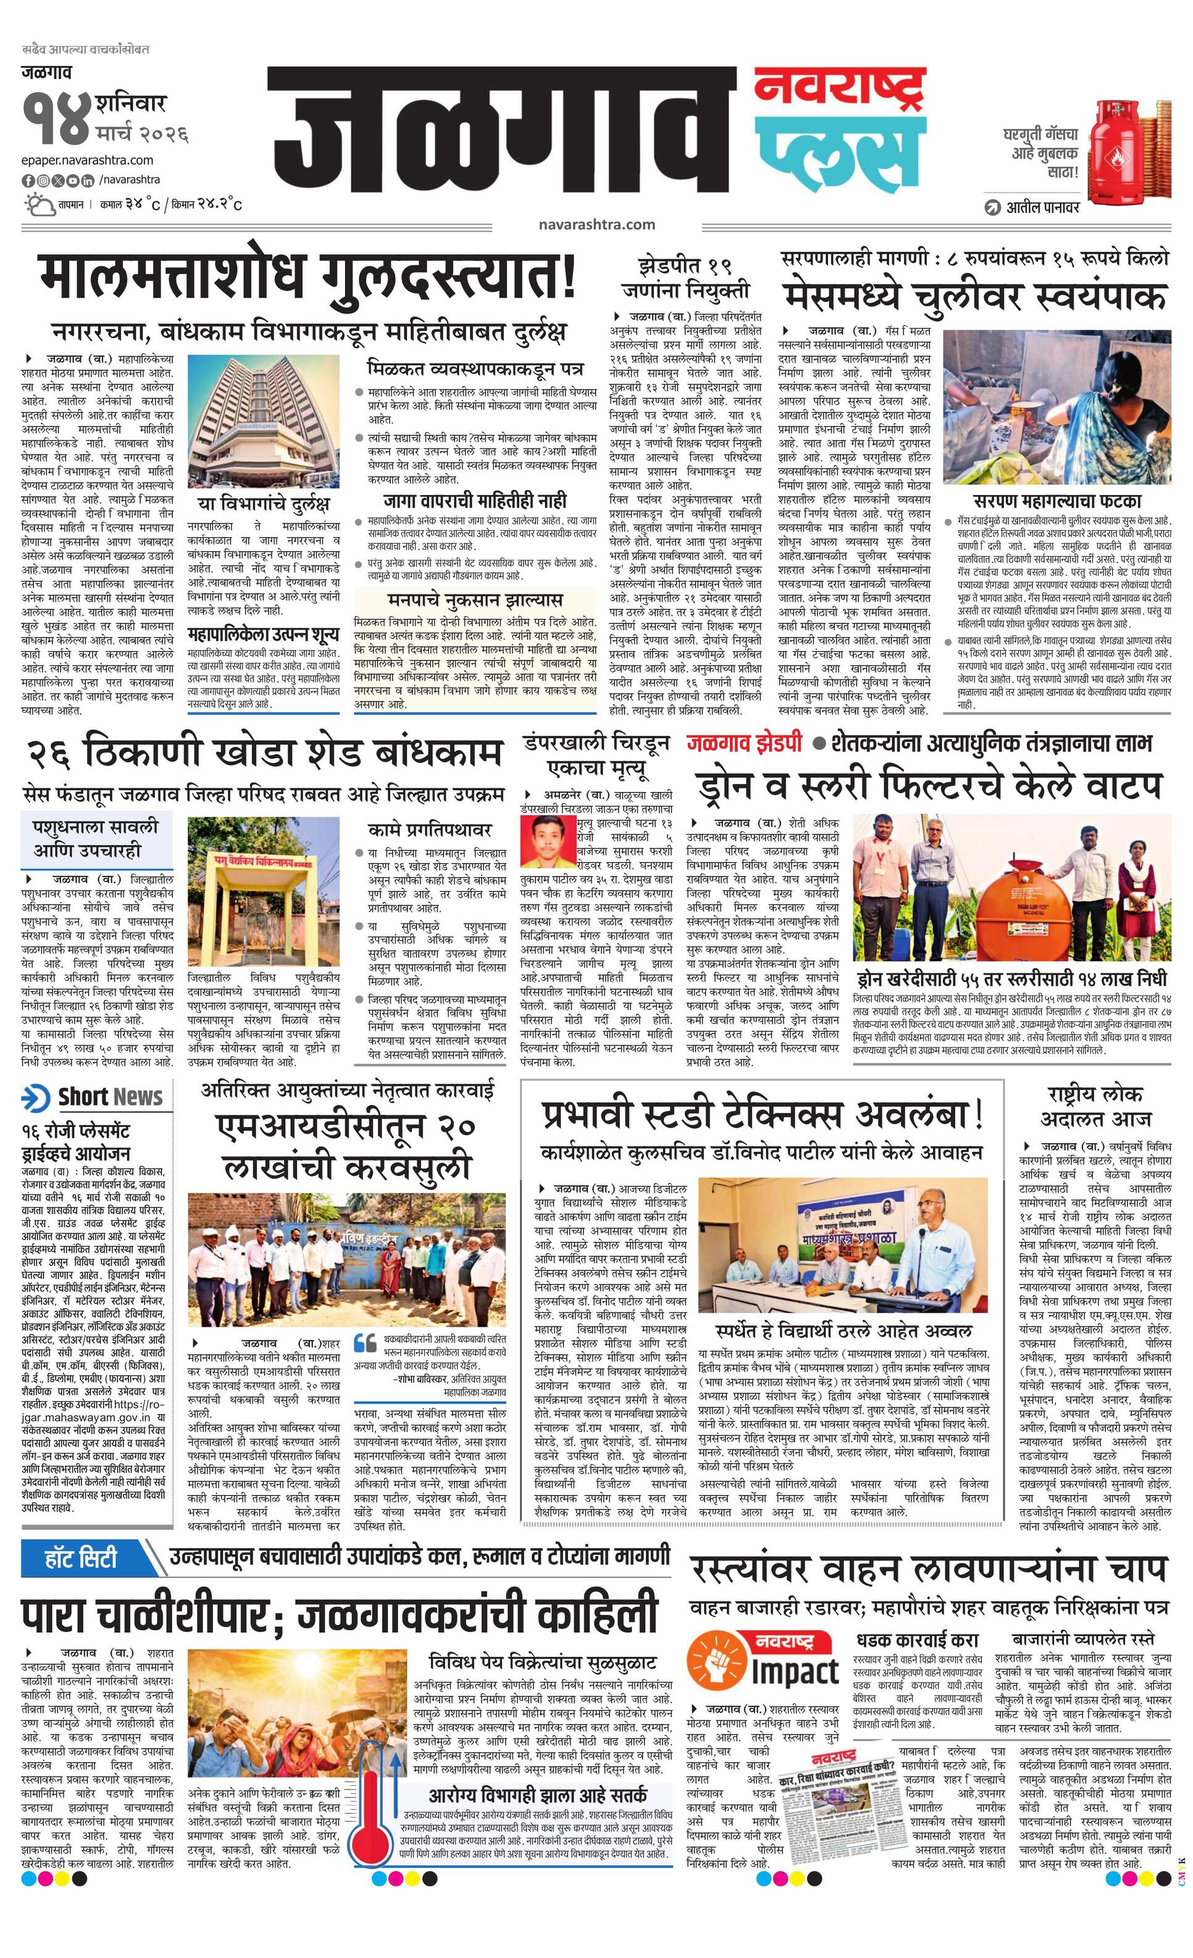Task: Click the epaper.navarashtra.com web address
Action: pyautogui.click(x=88, y=160)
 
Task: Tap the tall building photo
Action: pyautogui.click(x=263, y=420)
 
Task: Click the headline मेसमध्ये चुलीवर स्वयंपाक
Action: pyautogui.click(x=974, y=299)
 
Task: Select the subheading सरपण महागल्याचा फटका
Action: pyautogui.click(x=1057, y=501)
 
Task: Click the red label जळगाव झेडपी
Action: pyautogui.click(x=745, y=744)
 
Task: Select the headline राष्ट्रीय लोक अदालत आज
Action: pyautogui.click(x=1095, y=1106)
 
